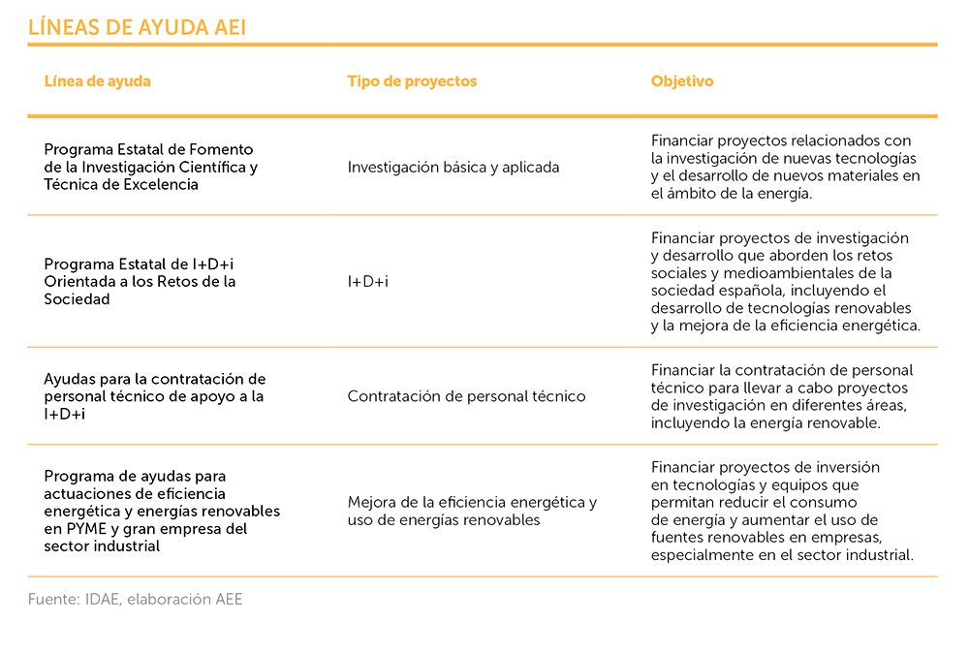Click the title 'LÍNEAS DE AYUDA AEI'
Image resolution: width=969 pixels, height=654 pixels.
[137, 28]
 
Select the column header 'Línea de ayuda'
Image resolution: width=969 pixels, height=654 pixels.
[97, 81]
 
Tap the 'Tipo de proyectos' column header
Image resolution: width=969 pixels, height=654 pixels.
[412, 81]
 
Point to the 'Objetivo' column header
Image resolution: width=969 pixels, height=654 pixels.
[681, 81]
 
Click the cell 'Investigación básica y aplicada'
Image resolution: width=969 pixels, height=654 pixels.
[453, 168]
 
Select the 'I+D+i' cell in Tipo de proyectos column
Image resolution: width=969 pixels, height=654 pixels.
[367, 282]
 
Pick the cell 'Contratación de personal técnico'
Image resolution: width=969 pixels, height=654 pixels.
[466, 396]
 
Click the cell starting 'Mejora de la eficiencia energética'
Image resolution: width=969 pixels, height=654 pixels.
[472, 511]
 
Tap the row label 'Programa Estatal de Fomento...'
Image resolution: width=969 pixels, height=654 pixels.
[150, 167]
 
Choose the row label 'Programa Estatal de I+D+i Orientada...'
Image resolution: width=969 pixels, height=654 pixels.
[140, 282]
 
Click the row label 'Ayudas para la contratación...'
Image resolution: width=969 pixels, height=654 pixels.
[154, 396]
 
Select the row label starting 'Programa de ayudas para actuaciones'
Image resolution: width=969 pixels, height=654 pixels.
[162, 511]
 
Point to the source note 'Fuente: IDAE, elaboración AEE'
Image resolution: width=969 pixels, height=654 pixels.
[136, 600]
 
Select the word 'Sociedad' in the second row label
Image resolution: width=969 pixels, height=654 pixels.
[77, 299]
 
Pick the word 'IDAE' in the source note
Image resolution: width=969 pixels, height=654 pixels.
[103, 600]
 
